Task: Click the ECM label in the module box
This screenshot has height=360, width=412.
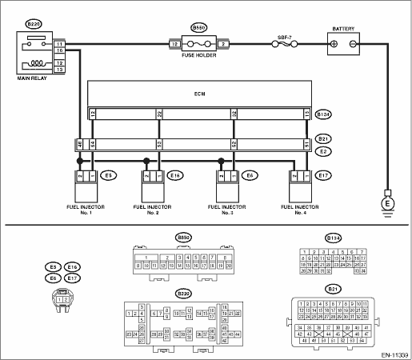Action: pyautogui.click(x=199, y=93)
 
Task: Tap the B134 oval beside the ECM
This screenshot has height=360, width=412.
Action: pyautogui.click(x=323, y=114)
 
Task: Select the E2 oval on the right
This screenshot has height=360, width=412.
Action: pyautogui.click(x=323, y=150)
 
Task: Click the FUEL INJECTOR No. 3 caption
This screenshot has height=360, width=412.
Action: pyautogui.click(x=226, y=210)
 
